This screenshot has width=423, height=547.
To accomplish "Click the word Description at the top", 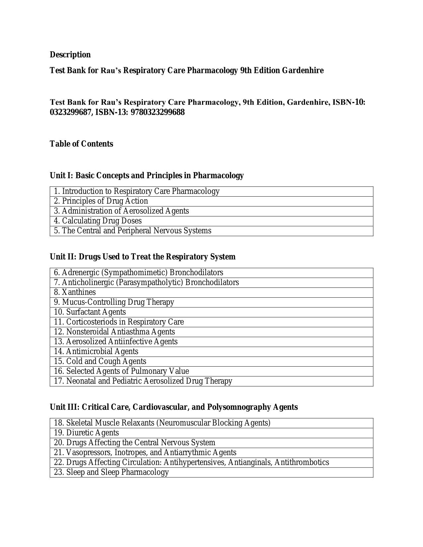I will pos(70,55).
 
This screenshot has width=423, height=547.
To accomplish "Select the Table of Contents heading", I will pos(81,144).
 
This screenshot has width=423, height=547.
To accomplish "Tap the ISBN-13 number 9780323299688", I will pos(158,112).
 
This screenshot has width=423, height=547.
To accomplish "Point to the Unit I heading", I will pos(147,175).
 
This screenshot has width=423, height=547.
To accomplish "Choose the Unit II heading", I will pos(143,257).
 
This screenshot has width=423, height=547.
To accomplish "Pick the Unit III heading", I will pos(174,407).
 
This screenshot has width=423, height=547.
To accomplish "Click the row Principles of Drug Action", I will pos(101,201).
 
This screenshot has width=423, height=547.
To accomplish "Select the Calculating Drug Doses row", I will pos(98,221).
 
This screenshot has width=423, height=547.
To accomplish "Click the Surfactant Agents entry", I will pos(90,312).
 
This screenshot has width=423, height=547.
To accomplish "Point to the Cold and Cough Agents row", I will pos(100,361).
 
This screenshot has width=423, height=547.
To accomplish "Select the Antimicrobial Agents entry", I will pos(96,351).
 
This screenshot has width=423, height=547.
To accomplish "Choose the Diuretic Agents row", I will pos(86,433).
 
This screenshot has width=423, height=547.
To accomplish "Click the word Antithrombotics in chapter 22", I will pos(302,462).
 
